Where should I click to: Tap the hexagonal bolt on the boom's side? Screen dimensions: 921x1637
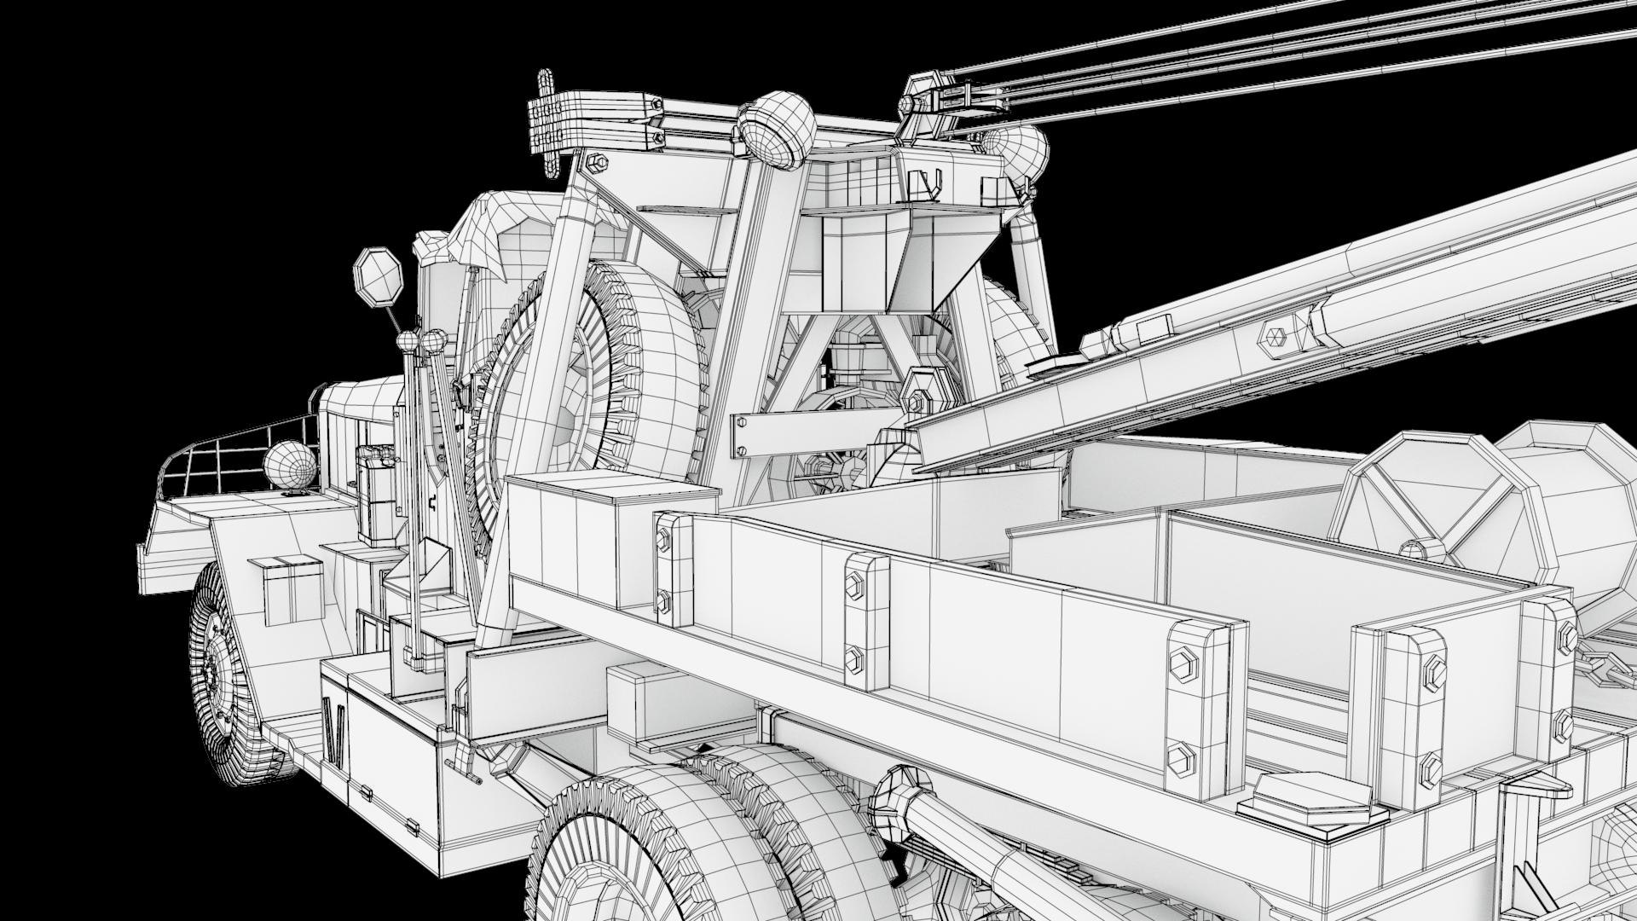pos(1275,336)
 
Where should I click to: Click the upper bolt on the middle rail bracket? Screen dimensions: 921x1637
pos(853,583)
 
